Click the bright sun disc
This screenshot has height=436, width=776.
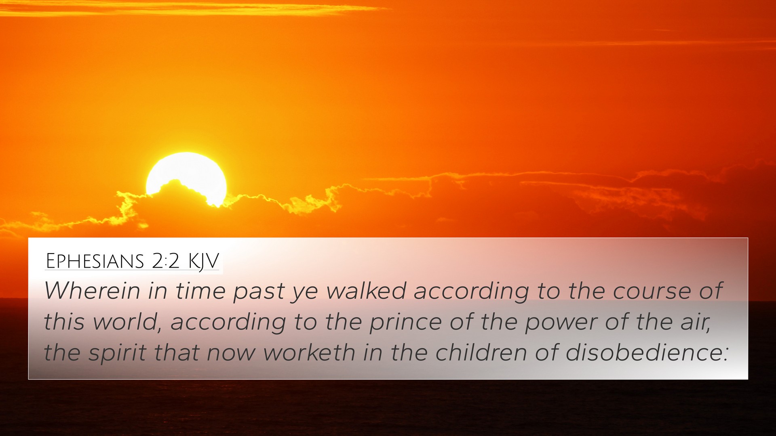coord(187,176)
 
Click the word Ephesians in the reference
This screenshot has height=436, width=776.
coord(95,261)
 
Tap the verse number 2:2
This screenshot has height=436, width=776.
coord(166,261)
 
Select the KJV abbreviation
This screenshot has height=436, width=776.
coord(203,262)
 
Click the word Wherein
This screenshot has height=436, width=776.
coord(92,290)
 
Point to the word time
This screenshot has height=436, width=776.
coord(200,290)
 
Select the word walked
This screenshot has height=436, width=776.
coord(366,290)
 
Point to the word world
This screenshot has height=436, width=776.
coord(126,322)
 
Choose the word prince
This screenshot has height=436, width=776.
coord(405,323)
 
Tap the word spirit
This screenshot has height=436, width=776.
coord(118,353)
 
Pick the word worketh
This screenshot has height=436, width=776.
coord(309,352)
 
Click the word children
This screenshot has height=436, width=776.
coord(481,352)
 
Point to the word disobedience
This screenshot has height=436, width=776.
coord(646,352)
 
